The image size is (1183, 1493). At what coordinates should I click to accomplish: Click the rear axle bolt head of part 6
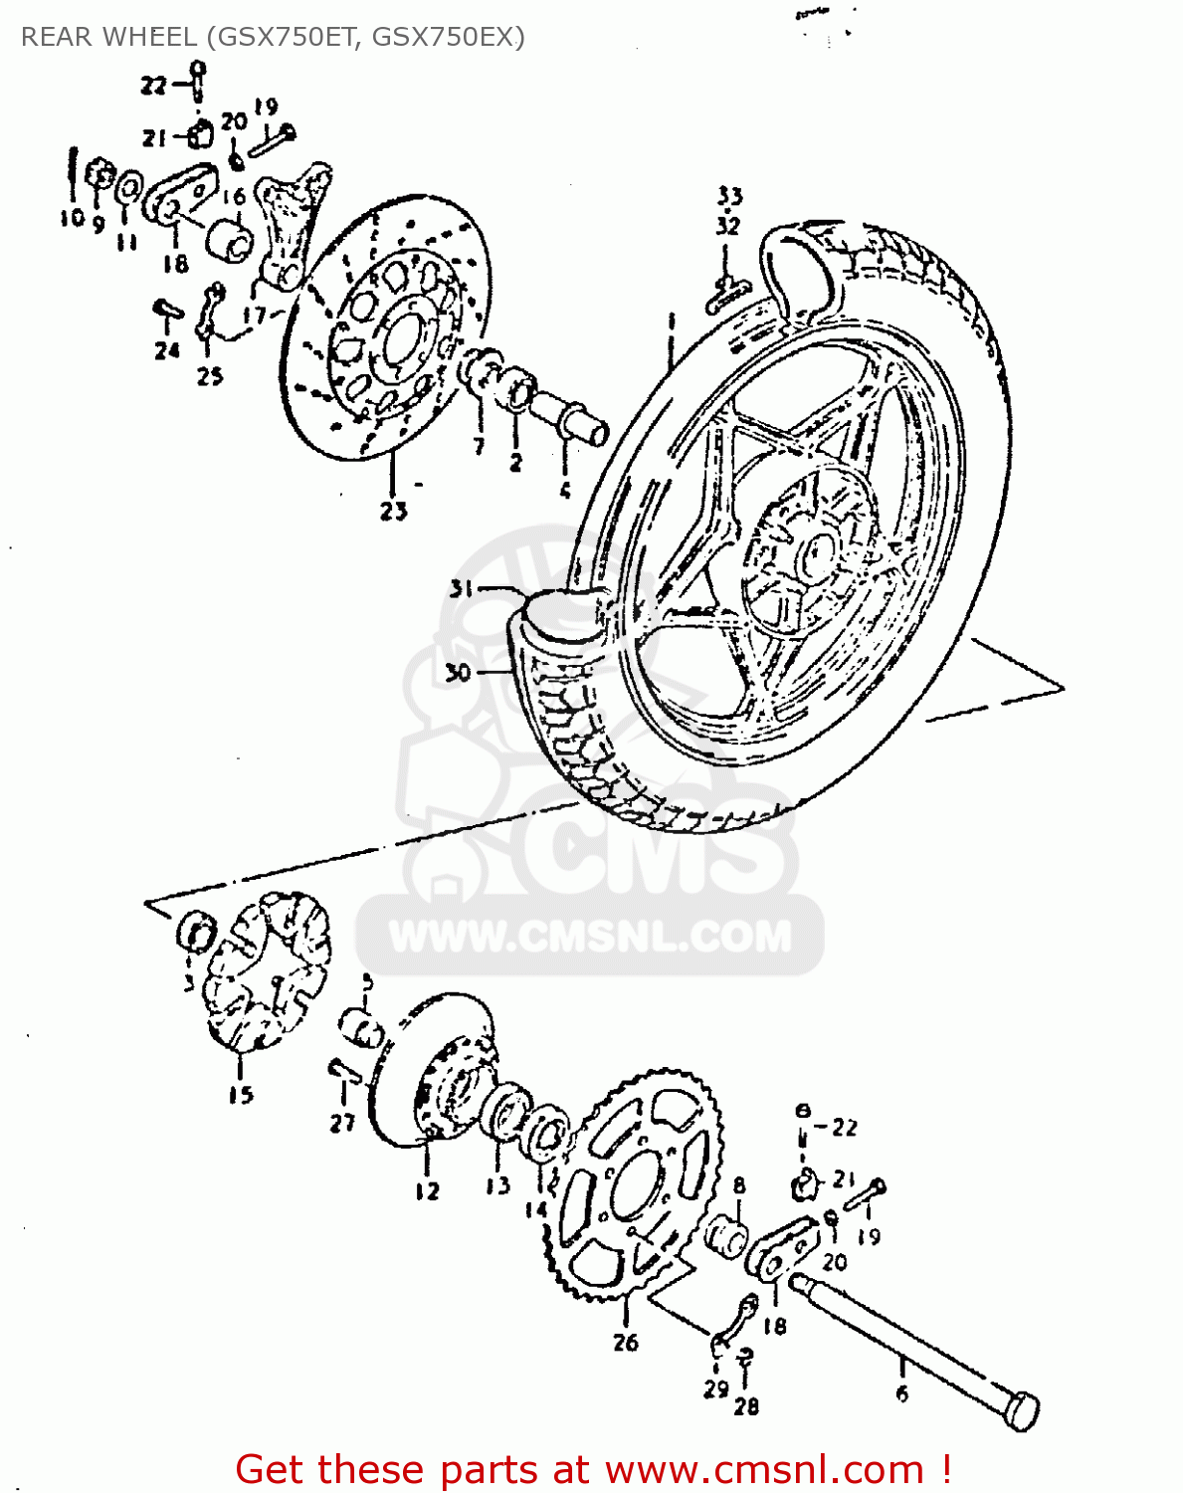pyautogui.click(x=1021, y=1411)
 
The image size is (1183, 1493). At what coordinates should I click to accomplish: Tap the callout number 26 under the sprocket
pyautogui.click(x=625, y=1343)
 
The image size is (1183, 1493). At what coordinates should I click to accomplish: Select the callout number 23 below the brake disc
pyautogui.click(x=393, y=511)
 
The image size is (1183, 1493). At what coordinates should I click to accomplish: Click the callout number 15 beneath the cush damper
pyautogui.click(x=241, y=1095)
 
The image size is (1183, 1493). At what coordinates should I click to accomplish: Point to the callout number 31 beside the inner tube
pyautogui.click(x=461, y=589)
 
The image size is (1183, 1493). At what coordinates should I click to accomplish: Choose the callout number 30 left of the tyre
pyautogui.click(x=457, y=674)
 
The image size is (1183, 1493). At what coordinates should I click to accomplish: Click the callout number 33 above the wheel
pyautogui.click(x=729, y=196)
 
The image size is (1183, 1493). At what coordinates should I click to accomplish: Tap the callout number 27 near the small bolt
pyautogui.click(x=342, y=1123)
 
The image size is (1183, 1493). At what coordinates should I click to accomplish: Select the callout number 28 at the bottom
pyautogui.click(x=746, y=1405)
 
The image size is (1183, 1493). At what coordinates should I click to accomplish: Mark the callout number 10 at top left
pyautogui.click(x=72, y=218)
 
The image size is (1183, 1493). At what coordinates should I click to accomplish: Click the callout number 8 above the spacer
pyautogui.click(x=739, y=1185)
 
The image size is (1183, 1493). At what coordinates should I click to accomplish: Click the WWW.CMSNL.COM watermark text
pyautogui.click(x=589, y=937)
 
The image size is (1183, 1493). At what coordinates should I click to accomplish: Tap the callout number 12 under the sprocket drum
pyautogui.click(x=427, y=1190)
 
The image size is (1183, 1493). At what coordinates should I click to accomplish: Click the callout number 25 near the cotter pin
pyautogui.click(x=209, y=376)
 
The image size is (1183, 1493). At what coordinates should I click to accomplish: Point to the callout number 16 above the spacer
pyautogui.click(x=234, y=198)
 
